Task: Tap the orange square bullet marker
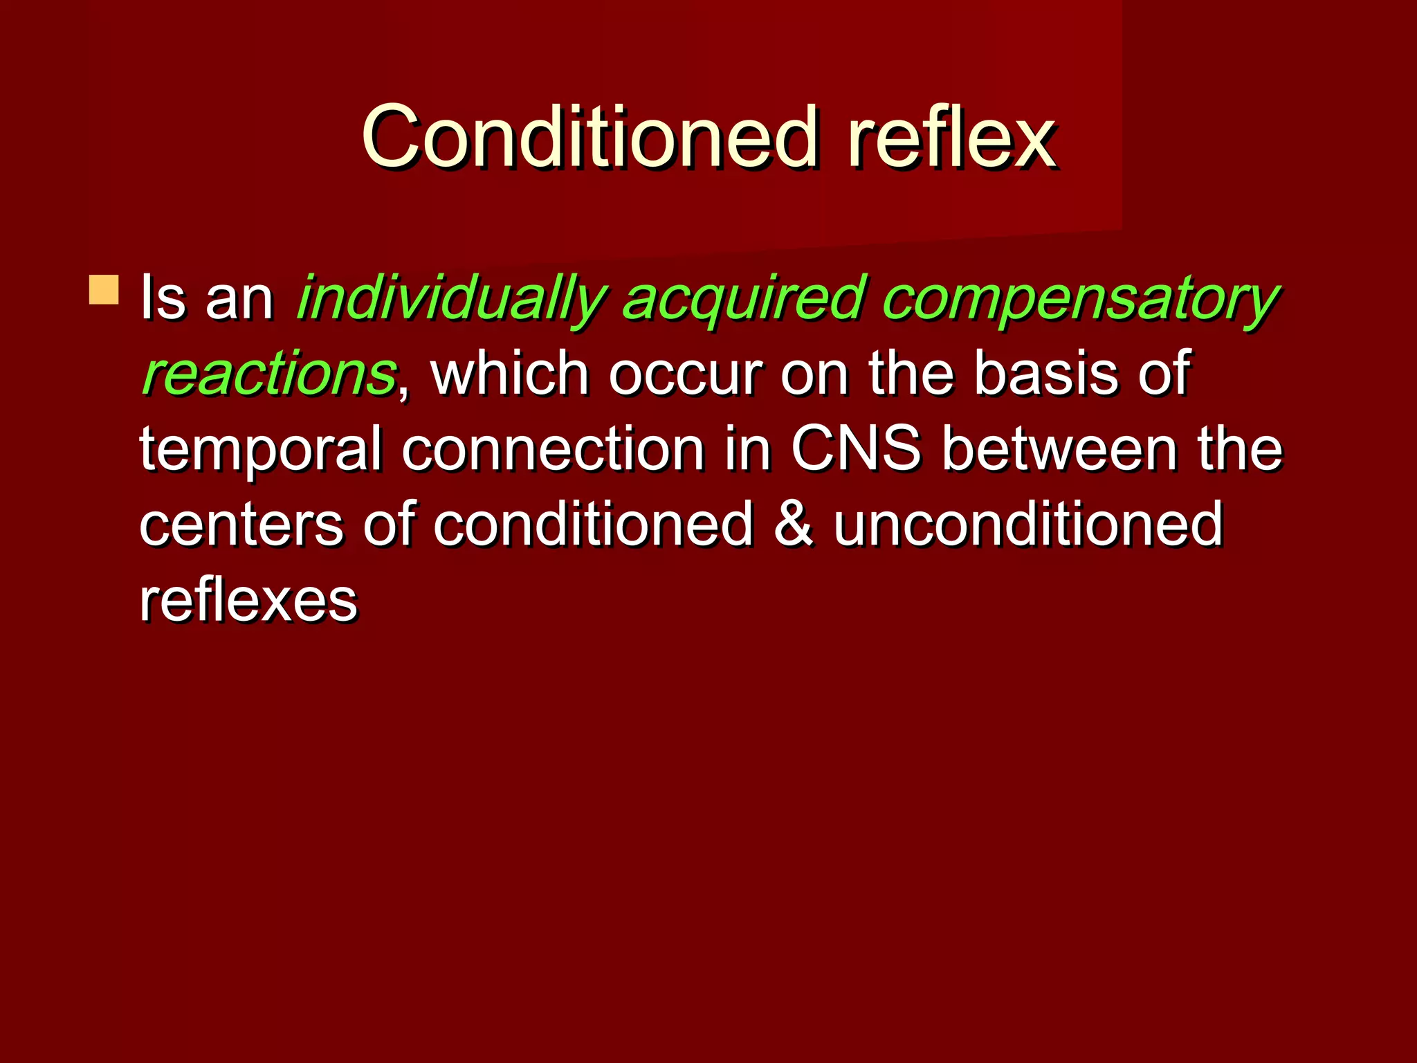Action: tap(104, 290)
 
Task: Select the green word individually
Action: tap(451, 299)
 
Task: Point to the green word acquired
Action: tap(744, 299)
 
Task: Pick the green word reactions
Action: tap(268, 374)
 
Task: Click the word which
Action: tap(509, 374)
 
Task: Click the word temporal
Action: tap(261, 450)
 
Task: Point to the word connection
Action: tap(553, 450)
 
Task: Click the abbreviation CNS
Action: tap(855, 450)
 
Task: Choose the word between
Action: tap(1060, 450)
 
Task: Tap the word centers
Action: tap(241, 525)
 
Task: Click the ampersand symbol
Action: tap(793, 525)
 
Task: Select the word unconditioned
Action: tap(1028, 525)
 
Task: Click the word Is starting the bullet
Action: tap(163, 299)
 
